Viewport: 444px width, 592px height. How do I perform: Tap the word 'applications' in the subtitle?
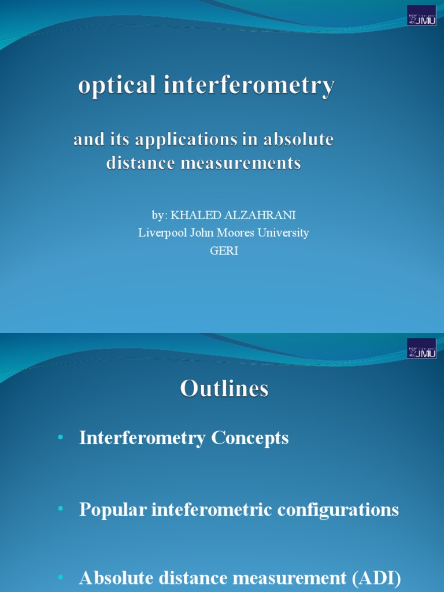[x=183, y=140]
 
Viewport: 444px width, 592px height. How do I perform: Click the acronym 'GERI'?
[x=224, y=251]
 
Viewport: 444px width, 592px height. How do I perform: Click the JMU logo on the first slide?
[x=421, y=16]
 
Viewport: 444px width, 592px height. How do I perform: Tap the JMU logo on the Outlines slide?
[x=421, y=349]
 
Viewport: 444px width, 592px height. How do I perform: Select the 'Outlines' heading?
[x=224, y=388]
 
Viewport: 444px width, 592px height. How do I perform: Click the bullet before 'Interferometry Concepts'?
[x=61, y=438]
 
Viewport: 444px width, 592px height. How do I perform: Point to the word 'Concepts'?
[x=250, y=438]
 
